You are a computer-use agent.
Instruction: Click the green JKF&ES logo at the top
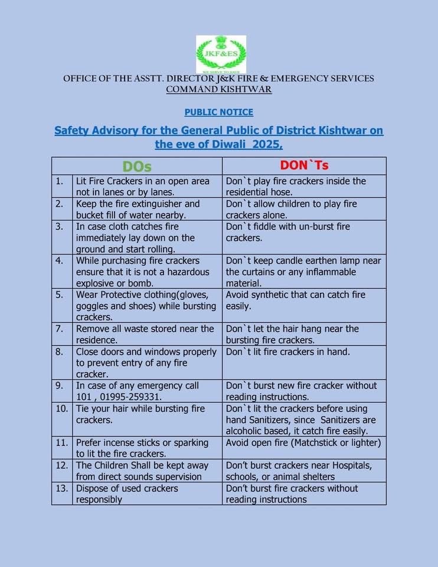click(221, 54)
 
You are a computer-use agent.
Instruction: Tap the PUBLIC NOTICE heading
click(219, 112)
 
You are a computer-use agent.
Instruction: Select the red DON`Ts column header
click(303, 165)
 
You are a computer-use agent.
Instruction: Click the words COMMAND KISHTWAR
click(219, 90)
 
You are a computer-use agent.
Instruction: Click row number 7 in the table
click(60, 328)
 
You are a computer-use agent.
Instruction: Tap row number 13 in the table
click(61, 488)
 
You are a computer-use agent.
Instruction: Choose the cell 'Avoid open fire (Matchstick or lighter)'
click(303, 442)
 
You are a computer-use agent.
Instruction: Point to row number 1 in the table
click(60, 181)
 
